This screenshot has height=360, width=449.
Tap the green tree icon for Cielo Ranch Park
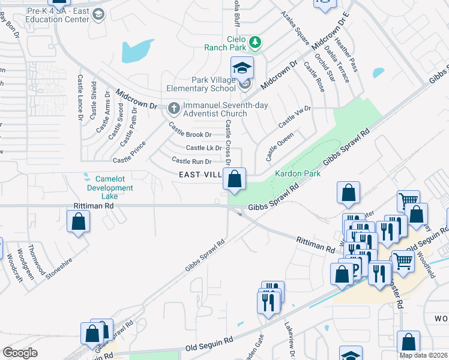pos(256,42)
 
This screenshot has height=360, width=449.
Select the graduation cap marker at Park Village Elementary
pos(243,67)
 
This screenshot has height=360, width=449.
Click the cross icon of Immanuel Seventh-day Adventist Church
pos(174,109)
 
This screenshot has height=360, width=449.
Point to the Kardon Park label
pos(298,173)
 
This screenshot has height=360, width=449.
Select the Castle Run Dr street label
pos(191,161)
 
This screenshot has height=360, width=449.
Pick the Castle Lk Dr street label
pos(204,148)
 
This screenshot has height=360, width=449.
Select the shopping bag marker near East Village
pos(234,179)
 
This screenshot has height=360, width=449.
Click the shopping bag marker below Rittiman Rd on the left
pos(79,221)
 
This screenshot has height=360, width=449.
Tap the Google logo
pos(20,353)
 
